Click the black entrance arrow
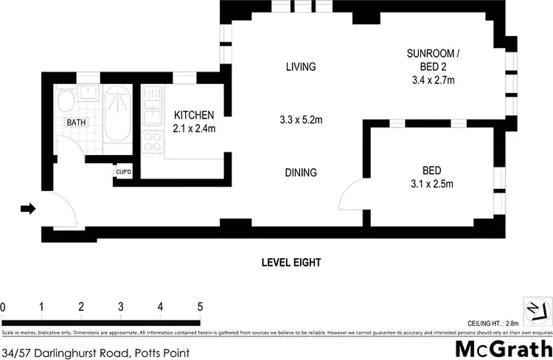tap(27, 210)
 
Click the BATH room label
tap(76, 122)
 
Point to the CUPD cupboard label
tap(122, 173)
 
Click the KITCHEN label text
tap(193, 115)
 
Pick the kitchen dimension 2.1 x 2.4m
tap(193, 128)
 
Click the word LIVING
tap(301, 67)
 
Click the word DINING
tap(301, 173)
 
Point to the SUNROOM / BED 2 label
tap(434, 60)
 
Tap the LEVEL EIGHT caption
tap(291, 262)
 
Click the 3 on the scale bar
tap(120, 306)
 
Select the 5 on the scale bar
tap(199, 306)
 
